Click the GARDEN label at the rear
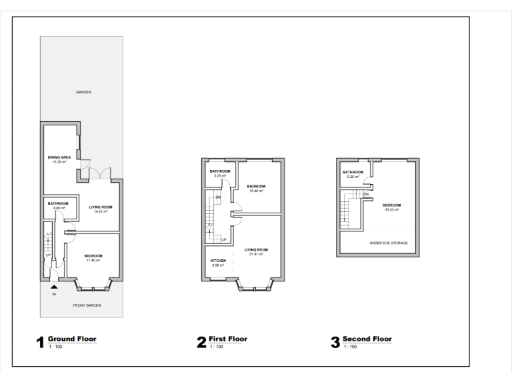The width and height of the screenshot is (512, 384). (83, 92)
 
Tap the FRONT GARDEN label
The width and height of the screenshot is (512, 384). (87, 305)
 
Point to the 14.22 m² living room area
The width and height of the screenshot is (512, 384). (101, 211)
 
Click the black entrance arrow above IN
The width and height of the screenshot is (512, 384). (54, 287)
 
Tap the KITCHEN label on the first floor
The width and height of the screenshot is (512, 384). (218, 260)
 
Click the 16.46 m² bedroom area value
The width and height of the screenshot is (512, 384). (257, 191)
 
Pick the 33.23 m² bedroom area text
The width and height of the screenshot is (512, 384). (391, 209)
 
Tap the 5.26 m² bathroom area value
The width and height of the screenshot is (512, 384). (353, 177)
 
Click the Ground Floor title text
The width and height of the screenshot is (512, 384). (72, 339)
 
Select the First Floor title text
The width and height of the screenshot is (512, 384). (228, 339)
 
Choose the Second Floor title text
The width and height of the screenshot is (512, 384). (367, 339)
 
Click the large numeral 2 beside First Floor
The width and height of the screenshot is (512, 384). (201, 343)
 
